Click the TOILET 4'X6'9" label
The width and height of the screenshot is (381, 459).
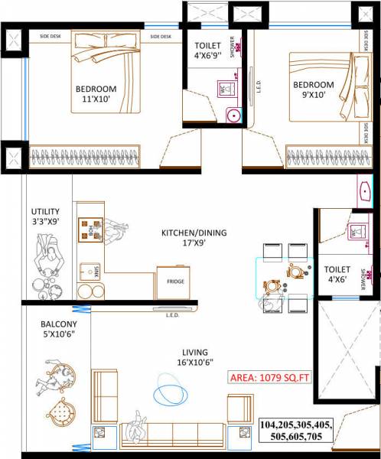tap(209, 50)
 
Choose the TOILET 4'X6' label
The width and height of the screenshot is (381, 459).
tap(337, 275)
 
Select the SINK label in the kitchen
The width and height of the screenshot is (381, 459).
tap(87, 270)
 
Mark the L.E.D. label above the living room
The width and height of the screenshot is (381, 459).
tap(172, 314)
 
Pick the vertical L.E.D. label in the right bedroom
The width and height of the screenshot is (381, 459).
tap(259, 90)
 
